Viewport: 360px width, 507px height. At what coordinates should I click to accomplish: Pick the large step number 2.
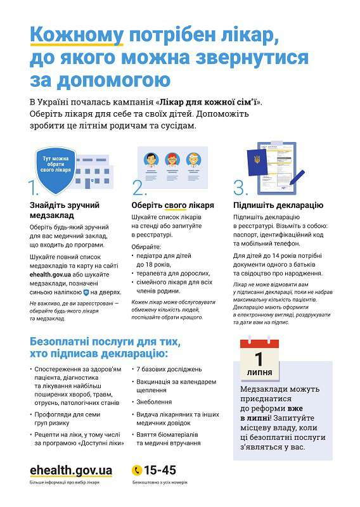(x=139, y=188)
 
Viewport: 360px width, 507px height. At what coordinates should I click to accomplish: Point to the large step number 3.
(x=240, y=188)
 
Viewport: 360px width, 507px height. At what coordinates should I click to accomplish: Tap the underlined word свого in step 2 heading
(x=174, y=205)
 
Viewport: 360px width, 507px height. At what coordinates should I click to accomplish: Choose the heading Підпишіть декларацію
(x=278, y=205)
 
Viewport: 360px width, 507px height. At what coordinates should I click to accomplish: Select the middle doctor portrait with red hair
(x=172, y=161)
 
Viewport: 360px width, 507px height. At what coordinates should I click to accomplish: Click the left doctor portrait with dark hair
(x=150, y=161)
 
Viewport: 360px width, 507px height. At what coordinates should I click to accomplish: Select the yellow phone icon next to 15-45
(x=136, y=470)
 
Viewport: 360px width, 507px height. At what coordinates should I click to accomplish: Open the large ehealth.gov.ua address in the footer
(x=71, y=470)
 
